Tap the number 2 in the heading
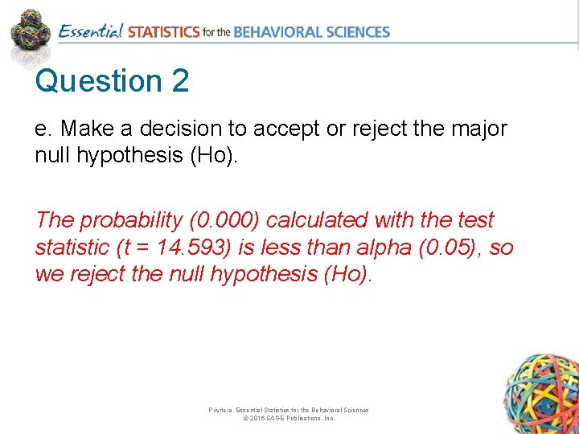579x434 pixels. (x=179, y=82)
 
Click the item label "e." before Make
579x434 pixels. (x=43, y=129)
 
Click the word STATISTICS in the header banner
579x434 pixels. (x=163, y=32)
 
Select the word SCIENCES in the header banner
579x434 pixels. (x=359, y=32)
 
